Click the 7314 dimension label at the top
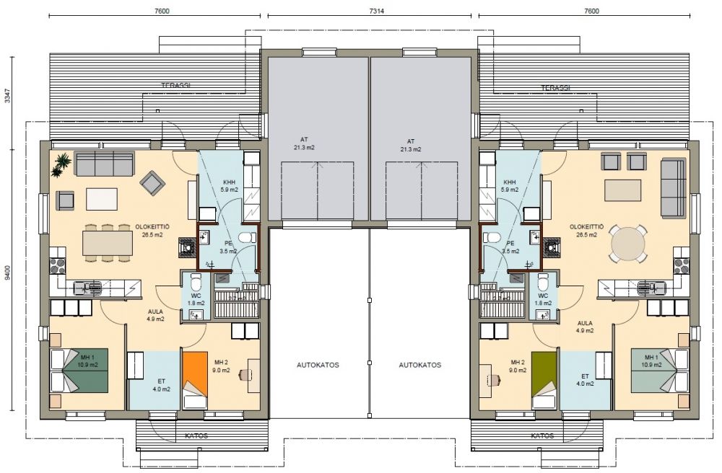tap(369, 11)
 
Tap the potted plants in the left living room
tap(61, 164)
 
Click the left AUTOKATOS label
tap(318, 365)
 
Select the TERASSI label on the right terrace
tap(555, 87)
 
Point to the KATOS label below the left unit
tap(196, 436)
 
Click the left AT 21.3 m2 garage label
tap(305, 143)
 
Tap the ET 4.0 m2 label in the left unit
tap(161, 385)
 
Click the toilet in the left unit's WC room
tap(196, 280)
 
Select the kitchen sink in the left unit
tap(87, 288)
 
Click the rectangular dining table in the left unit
tap(108, 243)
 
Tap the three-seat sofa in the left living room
tap(105, 164)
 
